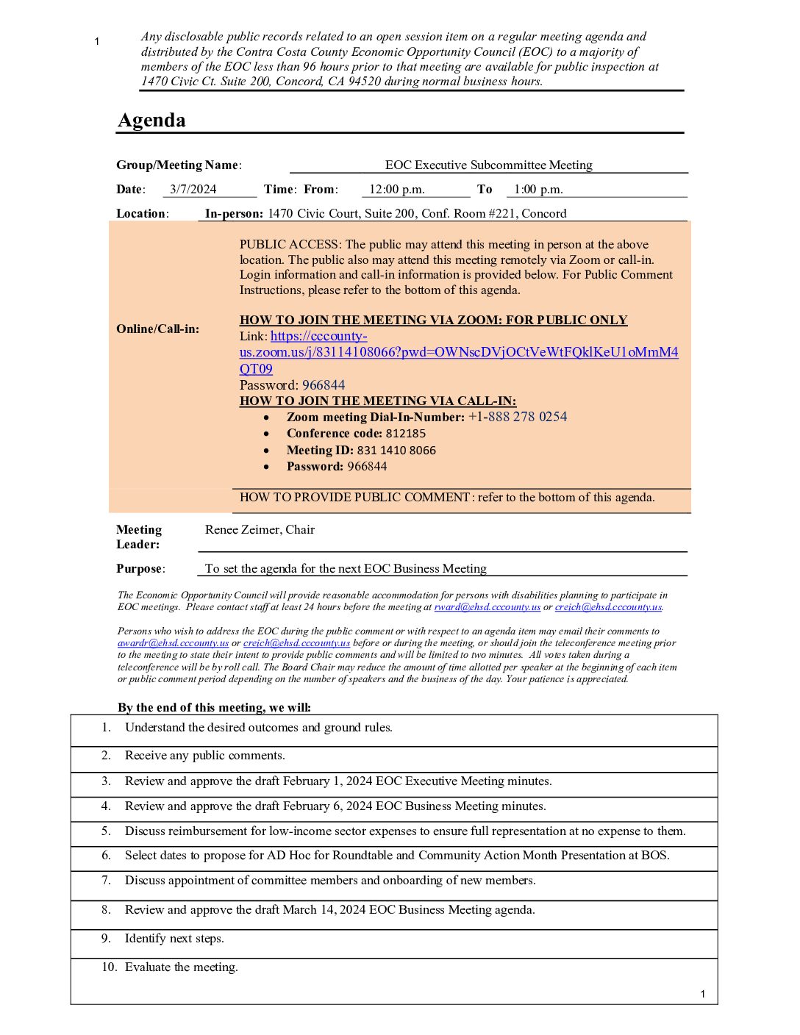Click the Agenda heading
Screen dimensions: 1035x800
(x=151, y=121)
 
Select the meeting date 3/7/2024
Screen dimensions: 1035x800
(x=193, y=190)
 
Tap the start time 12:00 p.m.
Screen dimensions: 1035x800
(x=396, y=190)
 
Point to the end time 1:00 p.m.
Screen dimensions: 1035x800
(x=538, y=190)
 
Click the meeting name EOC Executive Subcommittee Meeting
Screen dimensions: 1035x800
(x=488, y=165)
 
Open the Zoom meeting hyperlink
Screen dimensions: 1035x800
(x=458, y=352)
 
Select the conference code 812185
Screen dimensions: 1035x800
(x=405, y=434)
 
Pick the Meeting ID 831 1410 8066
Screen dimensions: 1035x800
(x=396, y=451)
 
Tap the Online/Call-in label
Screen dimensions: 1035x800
(x=157, y=329)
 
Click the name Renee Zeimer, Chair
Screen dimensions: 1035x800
(x=260, y=530)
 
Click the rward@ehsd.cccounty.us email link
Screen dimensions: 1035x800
(x=487, y=607)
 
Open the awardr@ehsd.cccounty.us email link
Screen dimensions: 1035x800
(x=173, y=643)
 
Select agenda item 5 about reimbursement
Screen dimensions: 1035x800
(x=404, y=831)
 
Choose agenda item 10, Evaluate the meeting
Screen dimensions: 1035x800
(x=181, y=967)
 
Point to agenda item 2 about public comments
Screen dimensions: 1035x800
(x=204, y=756)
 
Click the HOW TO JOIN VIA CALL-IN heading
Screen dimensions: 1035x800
(x=378, y=401)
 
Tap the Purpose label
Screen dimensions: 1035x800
(x=140, y=569)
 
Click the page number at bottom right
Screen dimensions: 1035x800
(x=702, y=995)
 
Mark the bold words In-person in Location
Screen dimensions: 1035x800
(x=233, y=214)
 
